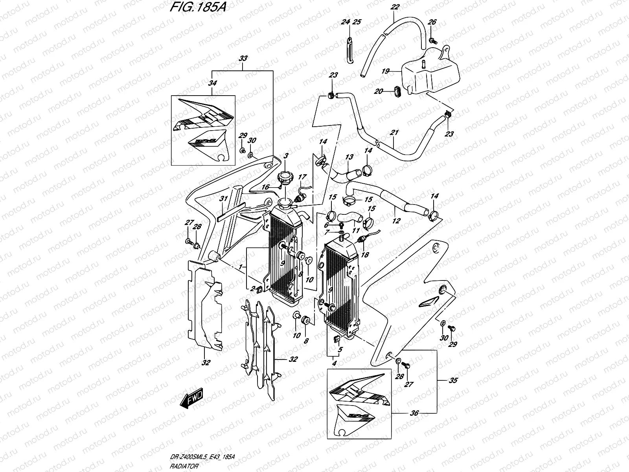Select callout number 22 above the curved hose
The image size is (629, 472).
(x=395, y=7)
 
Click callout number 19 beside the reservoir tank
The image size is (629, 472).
(x=385, y=71)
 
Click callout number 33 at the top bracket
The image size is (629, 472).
(x=243, y=59)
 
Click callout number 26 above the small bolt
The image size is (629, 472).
(x=431, y=22)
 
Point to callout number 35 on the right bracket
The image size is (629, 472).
(x=453, y=381)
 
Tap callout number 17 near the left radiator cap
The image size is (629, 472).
(x=302, y=177)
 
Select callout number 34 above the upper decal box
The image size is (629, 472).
(x=212, y=83)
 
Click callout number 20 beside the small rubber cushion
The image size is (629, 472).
(x=379, y=91)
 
